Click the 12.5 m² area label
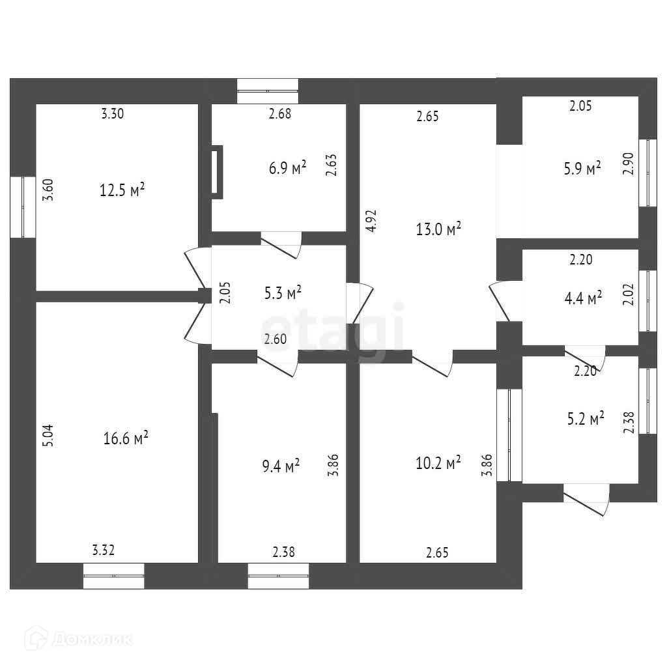click(x=122, y=190)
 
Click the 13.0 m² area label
click(x=438, y=229)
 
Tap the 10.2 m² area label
click(x=438, y=462)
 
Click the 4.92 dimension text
click(x=370, y=221)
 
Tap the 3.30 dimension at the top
click(x=112, y=114)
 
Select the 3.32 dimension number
click(x=104, y=551)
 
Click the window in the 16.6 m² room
click(x=113, y=576)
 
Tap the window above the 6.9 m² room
click(x=267, y=91)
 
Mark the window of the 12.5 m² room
click(x=23, y=207)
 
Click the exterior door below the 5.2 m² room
click(x=586, y=498)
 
